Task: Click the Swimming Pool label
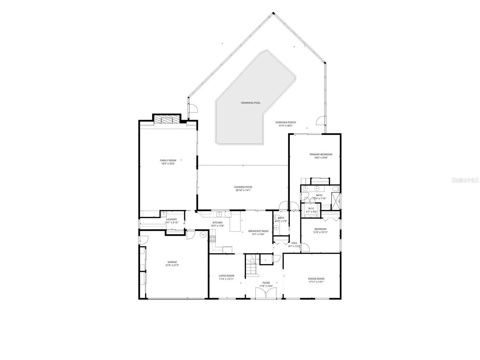point(250,103)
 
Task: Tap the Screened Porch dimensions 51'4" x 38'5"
point(285,126)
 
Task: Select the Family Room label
point(168,160)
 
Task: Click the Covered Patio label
point(243,187)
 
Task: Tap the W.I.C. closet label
point(311,208)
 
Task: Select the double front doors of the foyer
point(265,292)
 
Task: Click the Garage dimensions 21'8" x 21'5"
point(172,265)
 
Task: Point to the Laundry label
point(171,219)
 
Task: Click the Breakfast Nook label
point(258,231)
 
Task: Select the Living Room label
point(226,276)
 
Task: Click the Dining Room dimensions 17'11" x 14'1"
point(316,282)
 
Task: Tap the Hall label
point(294,243)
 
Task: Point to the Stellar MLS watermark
point(465,180)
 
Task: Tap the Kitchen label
point(217,223)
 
